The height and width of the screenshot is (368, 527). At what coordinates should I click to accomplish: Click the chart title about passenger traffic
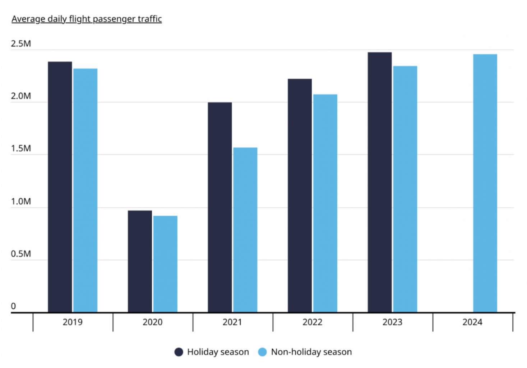tap(87, 19)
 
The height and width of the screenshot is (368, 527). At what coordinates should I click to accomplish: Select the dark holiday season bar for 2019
tap(60, 187)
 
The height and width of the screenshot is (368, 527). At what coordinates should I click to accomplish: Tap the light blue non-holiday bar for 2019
tap(85, 190)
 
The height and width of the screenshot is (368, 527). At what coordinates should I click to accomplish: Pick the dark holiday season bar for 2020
tap(140, 261)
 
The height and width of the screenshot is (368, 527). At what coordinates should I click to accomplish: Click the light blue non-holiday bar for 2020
tap(165, 264)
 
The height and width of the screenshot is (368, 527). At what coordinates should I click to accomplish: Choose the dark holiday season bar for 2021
tap(220, 207)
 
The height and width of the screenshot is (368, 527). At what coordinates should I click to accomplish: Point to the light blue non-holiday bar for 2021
tap(245, 230)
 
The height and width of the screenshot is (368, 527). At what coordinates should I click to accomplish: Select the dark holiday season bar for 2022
tap(300, 195)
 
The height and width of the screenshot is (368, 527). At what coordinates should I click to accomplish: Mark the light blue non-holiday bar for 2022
tap(325, 203)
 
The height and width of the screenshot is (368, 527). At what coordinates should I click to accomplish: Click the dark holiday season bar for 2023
tap(380, 182)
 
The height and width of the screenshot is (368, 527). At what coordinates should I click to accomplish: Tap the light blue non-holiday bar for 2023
tap(405, 189)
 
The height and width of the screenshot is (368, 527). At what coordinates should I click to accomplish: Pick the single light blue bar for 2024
tap(485, 183)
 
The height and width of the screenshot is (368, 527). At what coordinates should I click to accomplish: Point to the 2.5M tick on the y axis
tap(21, 44)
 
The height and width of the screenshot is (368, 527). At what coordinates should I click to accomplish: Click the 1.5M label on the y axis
tap(21, 149)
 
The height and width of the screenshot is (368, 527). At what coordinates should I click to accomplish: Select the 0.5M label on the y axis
tap(21, 254)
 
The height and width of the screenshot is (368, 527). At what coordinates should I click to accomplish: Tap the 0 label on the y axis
tap(13, 307)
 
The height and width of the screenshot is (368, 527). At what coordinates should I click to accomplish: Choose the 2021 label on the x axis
tap(232, 322)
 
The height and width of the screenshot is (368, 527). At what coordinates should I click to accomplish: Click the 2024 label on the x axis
tap(472, 322)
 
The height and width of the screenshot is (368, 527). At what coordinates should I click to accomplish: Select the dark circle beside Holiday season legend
tap(179, 352)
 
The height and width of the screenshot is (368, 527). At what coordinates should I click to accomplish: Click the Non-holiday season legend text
tap(311, 352)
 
